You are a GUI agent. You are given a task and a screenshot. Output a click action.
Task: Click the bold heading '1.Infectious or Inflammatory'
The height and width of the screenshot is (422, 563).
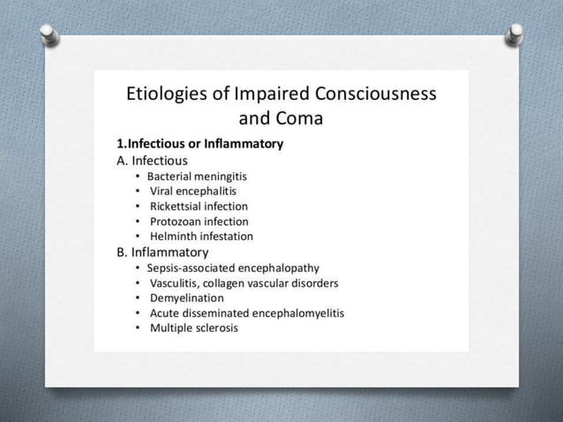199,143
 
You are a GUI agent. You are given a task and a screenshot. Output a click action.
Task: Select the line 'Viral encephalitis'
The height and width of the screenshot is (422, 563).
192,191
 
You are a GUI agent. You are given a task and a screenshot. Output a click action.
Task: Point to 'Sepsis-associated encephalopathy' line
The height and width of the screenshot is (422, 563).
233,268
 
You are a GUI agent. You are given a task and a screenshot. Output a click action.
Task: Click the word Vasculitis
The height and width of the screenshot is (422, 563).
176,283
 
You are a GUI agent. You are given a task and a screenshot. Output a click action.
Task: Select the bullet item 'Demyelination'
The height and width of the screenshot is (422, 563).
186,298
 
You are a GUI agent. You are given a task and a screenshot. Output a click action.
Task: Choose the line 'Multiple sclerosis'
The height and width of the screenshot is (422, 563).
193,328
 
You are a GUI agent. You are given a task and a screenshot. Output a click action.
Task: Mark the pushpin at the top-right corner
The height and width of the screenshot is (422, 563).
514,34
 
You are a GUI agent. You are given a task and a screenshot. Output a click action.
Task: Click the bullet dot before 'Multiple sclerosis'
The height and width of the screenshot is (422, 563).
138,328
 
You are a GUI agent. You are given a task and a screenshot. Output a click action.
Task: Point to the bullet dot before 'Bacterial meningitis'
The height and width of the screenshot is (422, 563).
138,176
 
